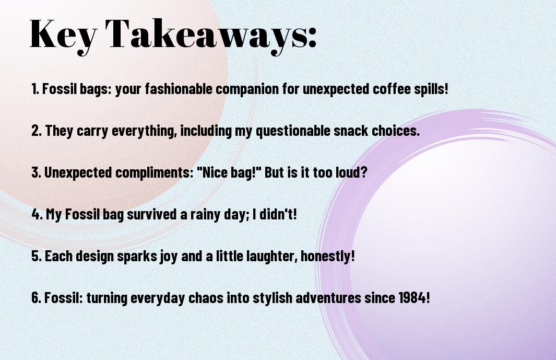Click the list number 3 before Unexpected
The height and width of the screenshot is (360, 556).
(36, 172)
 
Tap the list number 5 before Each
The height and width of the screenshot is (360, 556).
(36, 256)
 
